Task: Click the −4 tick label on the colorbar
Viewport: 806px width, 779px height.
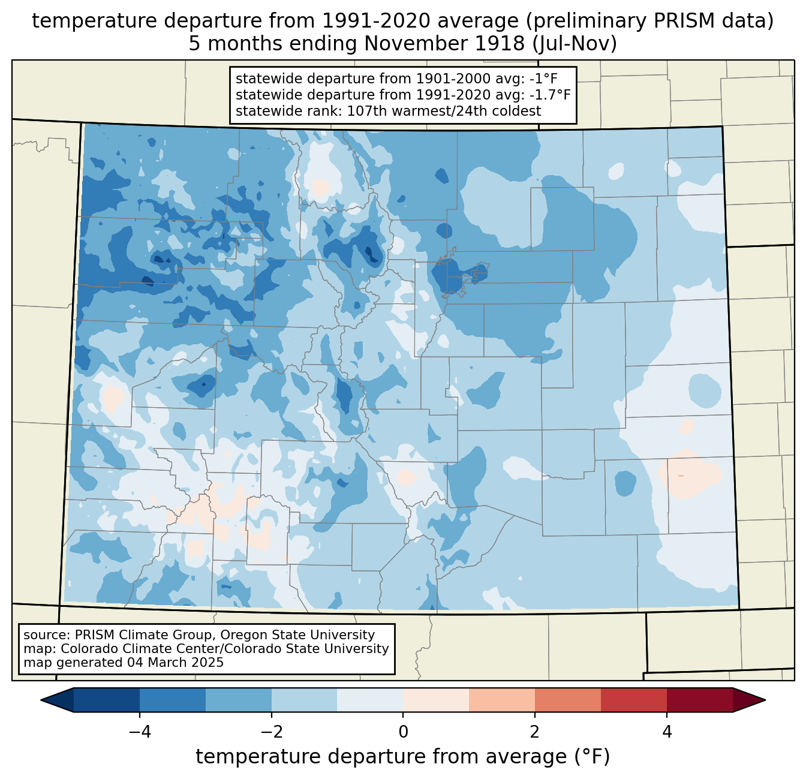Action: tap(140, 732)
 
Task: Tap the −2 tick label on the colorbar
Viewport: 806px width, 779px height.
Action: tap(271, 732)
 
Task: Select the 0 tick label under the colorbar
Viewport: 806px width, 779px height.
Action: tap(403, 732)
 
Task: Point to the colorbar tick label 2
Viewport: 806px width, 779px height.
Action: tap(535, 732)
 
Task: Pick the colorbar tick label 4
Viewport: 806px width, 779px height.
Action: tap(666, 732)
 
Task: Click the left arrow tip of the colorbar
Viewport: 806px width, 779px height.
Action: tap(41, 700)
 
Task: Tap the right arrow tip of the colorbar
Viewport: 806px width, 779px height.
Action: tap(765, 700)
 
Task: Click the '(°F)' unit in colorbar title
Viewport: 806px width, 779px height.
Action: tap(593, 756)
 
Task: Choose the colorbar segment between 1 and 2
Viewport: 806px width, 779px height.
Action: tap(501, 700)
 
